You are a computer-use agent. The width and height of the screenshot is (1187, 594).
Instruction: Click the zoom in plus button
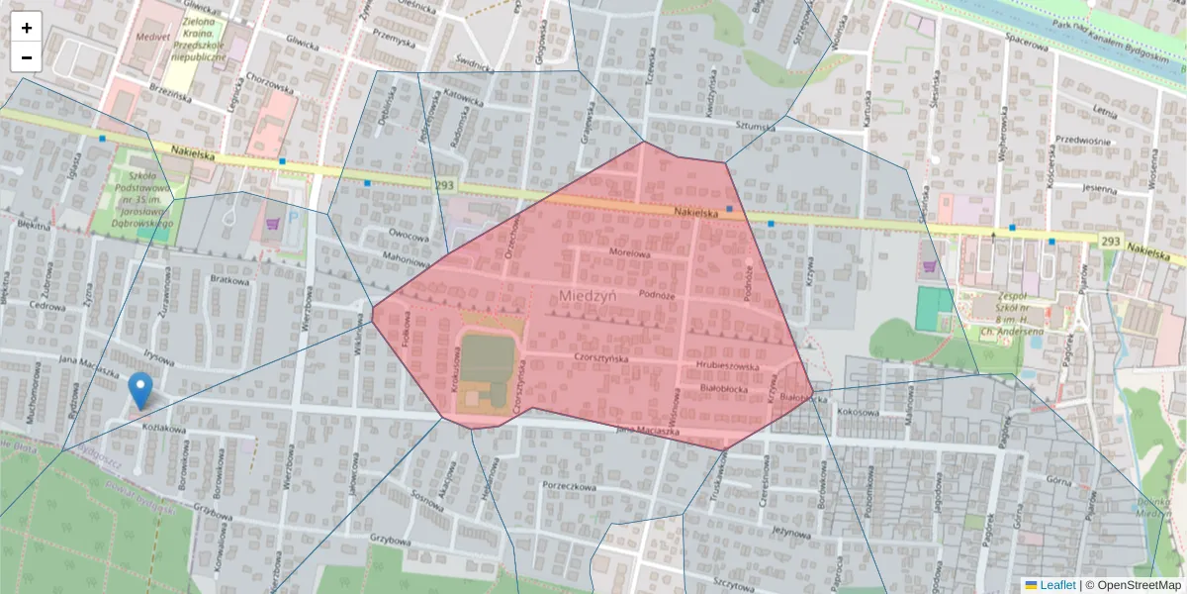27,28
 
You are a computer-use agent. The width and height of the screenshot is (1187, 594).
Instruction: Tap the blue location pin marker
141,390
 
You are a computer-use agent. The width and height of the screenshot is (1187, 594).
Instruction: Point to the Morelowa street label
629,253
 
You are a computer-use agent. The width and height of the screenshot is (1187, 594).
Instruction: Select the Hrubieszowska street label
726,365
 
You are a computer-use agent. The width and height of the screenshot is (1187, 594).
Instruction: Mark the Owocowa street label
408,236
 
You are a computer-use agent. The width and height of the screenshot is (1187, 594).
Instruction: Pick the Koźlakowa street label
164,429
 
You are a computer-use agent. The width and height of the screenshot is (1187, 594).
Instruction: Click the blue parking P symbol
294,217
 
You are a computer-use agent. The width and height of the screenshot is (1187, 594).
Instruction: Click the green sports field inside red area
488,358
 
